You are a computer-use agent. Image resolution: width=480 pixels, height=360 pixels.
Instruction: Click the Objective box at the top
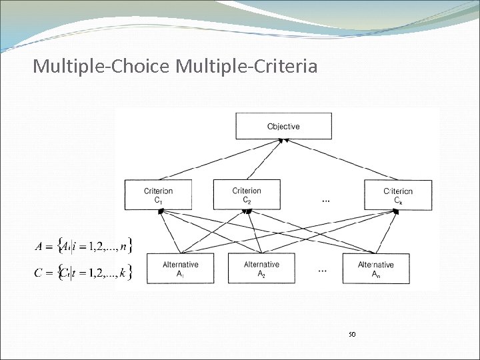click(x=283, y=126)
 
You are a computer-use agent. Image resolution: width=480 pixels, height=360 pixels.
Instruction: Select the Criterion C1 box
click(x=158, y=195)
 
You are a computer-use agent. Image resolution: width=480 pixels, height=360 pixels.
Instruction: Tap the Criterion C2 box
click(x=246, y=195)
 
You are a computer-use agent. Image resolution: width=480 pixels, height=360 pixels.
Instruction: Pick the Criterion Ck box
click(x=398, y=195)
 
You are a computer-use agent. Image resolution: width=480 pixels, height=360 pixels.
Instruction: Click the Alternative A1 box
click(x=180, y=268)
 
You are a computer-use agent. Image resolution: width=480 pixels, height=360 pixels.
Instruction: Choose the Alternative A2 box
click(x=261, y=268)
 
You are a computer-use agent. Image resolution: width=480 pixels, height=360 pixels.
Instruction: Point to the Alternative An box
click(x=375, y=268)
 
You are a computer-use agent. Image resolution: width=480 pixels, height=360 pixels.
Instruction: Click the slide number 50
click(x=353, y=333)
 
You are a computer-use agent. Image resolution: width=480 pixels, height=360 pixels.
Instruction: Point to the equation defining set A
click(x=83, y=246)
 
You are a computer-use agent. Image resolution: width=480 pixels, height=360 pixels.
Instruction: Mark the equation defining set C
click(x=83, y=271)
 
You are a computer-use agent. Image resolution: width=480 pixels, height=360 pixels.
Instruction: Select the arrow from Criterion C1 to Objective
click(x=220, y=160)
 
